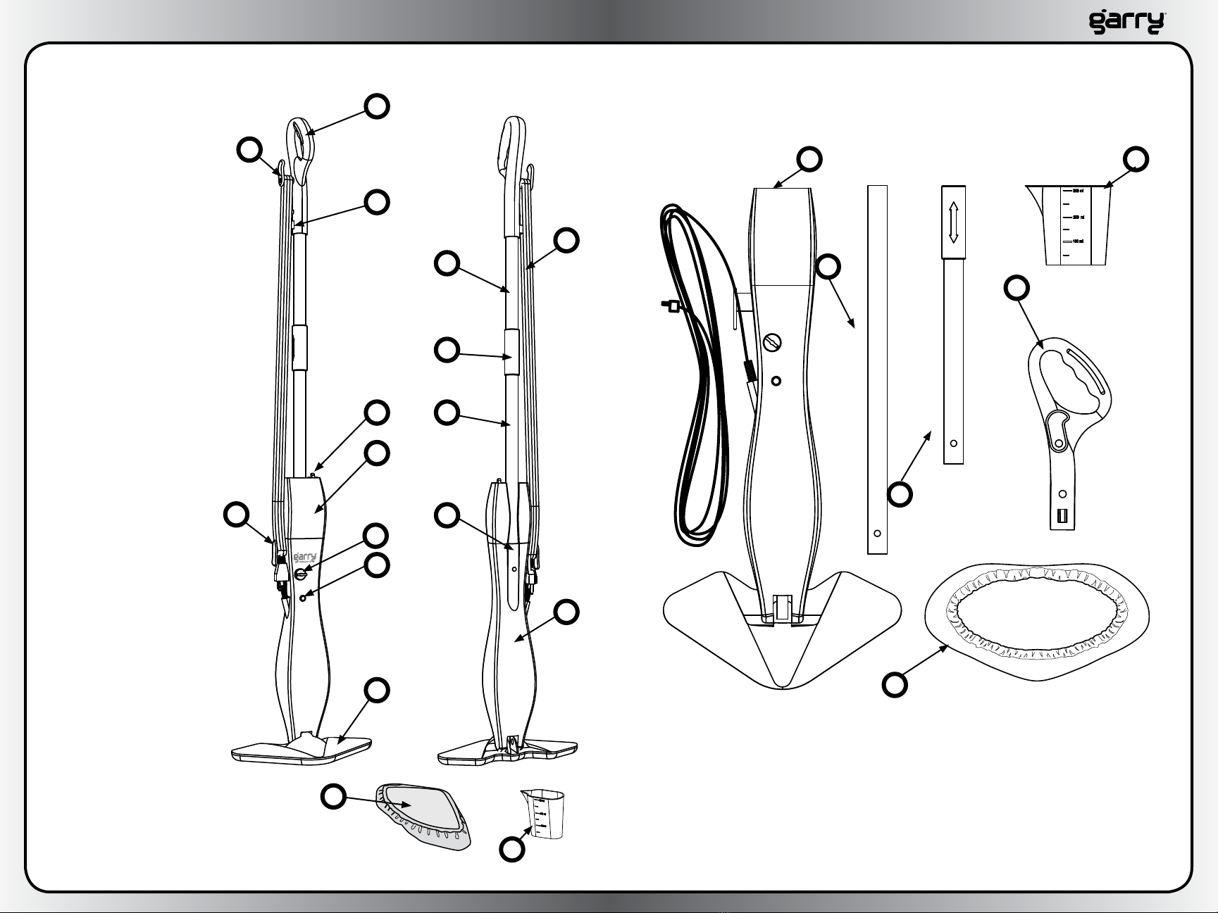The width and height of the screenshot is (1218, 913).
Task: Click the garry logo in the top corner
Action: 1126,22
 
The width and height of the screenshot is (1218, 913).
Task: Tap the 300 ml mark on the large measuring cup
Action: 1077,191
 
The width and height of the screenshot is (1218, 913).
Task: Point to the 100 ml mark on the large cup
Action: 1077,241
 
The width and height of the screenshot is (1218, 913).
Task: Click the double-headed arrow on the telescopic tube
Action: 953,222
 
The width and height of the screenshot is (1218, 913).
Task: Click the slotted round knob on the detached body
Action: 772,344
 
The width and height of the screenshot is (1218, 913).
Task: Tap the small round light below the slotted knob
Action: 776,381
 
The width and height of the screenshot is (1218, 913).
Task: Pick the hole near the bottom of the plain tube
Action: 877,533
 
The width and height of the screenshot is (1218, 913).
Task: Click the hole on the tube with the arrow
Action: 953,443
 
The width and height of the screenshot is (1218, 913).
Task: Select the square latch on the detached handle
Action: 1062,516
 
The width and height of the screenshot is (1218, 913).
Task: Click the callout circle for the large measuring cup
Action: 1136,159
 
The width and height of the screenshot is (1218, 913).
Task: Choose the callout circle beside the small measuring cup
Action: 512,850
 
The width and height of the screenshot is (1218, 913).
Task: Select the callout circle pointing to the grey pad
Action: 334,797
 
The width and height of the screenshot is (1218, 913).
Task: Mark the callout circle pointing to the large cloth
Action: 895,685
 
